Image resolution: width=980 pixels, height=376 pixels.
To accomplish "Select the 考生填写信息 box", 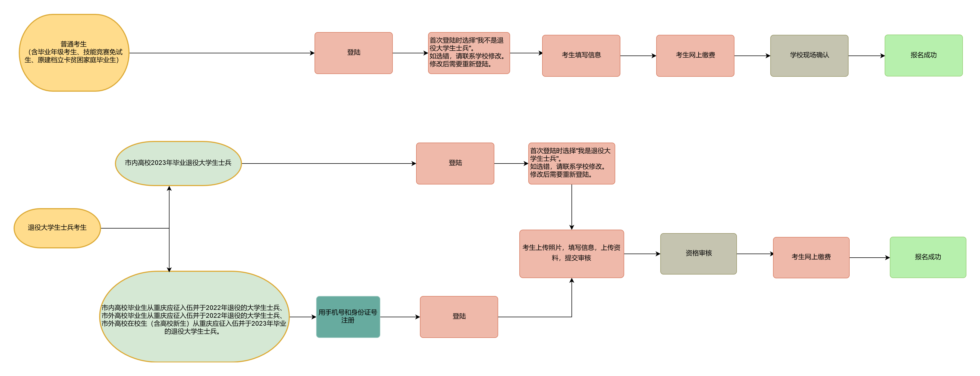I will (x=581, y=56).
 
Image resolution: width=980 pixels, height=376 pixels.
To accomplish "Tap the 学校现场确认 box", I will (x=809, y=56).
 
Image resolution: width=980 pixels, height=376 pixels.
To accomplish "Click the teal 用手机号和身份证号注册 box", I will (x=348, y=317).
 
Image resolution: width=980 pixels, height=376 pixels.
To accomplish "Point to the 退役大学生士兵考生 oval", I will (x=57, y=228).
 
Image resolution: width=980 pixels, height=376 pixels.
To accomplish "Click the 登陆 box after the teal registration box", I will (x=459, y=317).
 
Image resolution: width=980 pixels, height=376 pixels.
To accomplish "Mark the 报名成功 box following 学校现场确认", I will (x=923, y=56).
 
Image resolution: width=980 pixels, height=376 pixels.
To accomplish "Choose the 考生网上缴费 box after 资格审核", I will (x=811, y=258).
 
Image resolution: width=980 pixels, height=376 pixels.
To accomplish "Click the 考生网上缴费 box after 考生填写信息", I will (x=695, y=56).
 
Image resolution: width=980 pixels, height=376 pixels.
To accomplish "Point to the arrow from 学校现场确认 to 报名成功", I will (x=866, y=56).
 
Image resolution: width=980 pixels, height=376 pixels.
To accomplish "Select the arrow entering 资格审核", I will (x=642, y=254).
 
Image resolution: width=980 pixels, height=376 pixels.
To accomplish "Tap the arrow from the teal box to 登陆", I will (x=400, y=317).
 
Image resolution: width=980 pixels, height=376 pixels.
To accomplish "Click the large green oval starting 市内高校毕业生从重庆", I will (x=194, y=317).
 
